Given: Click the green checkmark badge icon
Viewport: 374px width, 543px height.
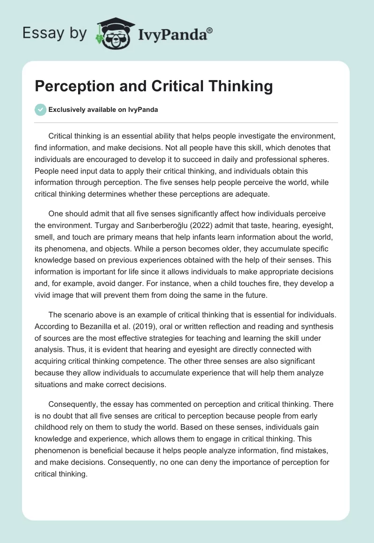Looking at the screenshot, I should pos(40,110).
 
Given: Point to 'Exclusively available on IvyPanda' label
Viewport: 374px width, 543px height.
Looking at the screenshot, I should pos(103,110).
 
